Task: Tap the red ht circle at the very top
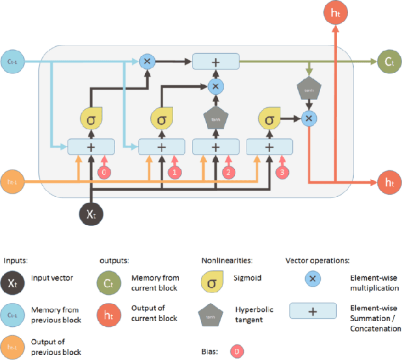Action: point(336,12)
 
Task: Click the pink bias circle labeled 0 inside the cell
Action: point(101,172)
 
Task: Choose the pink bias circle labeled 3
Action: point(280,172)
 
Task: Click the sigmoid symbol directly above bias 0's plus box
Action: point(90,119)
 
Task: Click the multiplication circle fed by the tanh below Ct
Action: point(310,118)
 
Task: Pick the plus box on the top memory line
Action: point(215,61)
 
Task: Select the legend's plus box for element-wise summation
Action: point(312,311)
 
